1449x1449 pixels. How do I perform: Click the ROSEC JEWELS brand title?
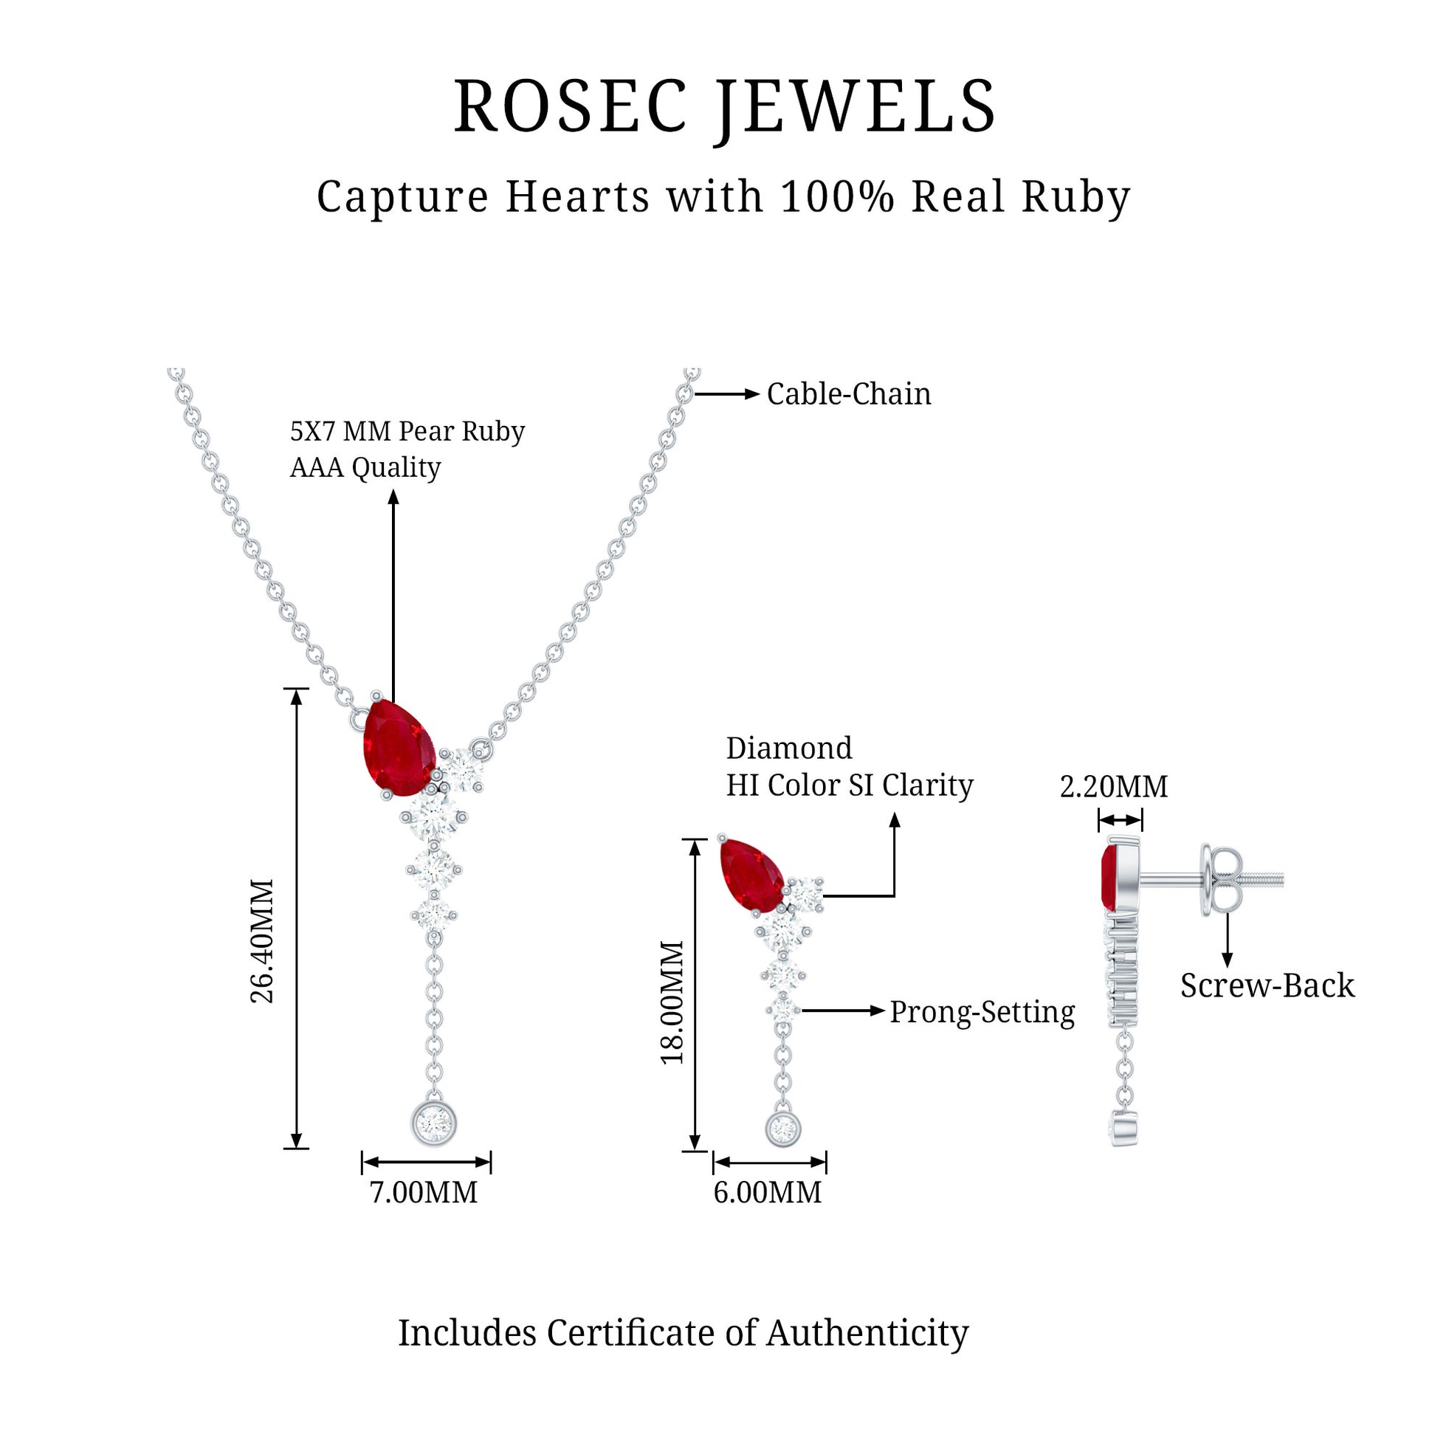click(x=725, y=107)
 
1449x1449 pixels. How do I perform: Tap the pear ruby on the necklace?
click(x=398, y=748)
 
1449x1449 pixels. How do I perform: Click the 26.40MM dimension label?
click(x=263, y=941)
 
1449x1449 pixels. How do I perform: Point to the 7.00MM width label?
click(x=424, y=1193)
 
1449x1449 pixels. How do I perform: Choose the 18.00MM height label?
click(x=672, y=1002)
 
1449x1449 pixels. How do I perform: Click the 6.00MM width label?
click(x=767, y=1193)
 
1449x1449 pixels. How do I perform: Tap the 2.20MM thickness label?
click(x=1114, y=787)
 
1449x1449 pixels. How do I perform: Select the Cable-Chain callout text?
click(x=848, y=394)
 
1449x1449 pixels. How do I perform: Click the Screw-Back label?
click(x=1267, y=985)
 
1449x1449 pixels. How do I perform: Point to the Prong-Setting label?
click(x=982, y=1012)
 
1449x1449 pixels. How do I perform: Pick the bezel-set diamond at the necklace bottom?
click(x=434, y=1123)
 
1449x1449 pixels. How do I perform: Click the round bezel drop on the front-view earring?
click(x=784, y=1128)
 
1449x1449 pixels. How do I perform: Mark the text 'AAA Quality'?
click(x=365, y=467)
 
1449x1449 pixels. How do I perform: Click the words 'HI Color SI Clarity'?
click(x=849, y=785)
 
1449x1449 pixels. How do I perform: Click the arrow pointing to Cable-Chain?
click(x=727, y=393)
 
